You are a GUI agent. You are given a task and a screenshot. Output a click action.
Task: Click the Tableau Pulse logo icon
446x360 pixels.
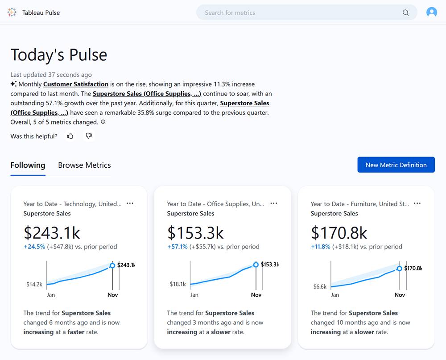pos(12,12)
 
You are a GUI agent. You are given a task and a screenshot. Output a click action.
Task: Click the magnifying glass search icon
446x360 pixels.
pos(405,12)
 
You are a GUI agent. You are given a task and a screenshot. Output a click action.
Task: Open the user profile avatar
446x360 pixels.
pos(431,12)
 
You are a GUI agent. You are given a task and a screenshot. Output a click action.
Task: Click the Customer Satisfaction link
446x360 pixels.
pos(76,84)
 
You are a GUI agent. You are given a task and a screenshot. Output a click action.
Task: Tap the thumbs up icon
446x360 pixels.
pos(70,136)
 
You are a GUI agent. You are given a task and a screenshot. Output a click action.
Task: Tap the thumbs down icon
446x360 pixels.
pos(89,136)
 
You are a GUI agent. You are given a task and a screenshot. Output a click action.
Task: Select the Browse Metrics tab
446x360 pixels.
pos(84,165)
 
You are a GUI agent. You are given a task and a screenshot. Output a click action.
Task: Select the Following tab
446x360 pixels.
pos(28,165)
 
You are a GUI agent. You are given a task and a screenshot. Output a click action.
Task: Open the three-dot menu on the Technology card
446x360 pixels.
pos(130,203)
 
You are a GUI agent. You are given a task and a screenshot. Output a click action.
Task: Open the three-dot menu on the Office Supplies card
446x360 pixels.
pos(273,203)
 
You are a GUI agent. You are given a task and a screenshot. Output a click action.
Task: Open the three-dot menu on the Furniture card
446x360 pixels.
pos(417,203)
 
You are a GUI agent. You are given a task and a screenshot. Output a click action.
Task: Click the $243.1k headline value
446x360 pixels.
pos(52,232)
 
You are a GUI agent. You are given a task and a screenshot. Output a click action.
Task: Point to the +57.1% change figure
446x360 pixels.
pos(177,247)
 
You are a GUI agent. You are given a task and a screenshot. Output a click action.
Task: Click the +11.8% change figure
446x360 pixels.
pos(321,247)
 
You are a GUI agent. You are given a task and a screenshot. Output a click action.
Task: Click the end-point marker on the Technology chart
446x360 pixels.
pos(112,265)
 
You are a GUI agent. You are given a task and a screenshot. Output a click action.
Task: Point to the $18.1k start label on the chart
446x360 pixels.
pos(178,284)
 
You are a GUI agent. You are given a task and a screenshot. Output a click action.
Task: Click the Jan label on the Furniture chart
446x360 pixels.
pos(335,295)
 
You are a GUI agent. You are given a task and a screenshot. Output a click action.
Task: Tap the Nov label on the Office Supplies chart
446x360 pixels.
pos(256,295)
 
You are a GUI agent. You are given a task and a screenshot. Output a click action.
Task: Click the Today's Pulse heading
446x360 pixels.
pos(59,55)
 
